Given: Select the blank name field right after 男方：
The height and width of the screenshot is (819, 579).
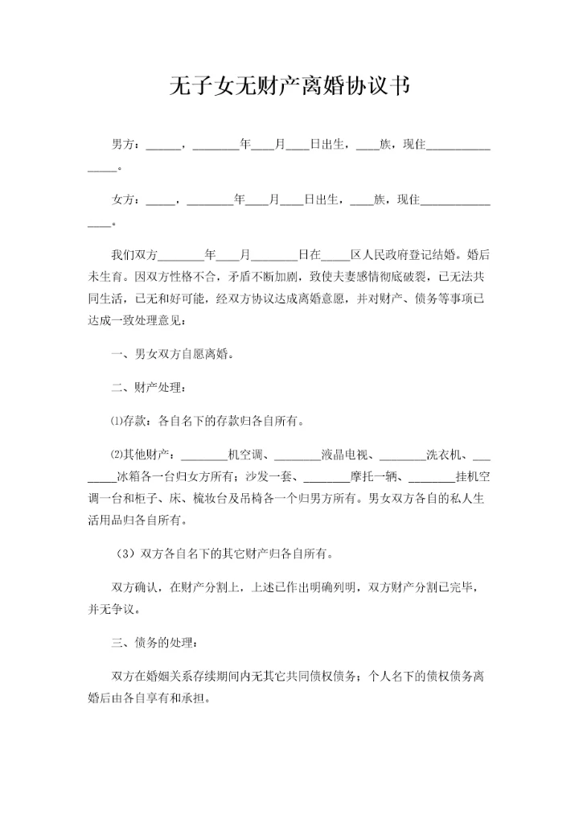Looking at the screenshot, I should coord(164,147).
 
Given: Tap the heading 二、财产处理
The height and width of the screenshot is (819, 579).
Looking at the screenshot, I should coord(151,388).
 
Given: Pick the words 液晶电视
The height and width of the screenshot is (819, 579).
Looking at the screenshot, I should coord(347,455).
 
